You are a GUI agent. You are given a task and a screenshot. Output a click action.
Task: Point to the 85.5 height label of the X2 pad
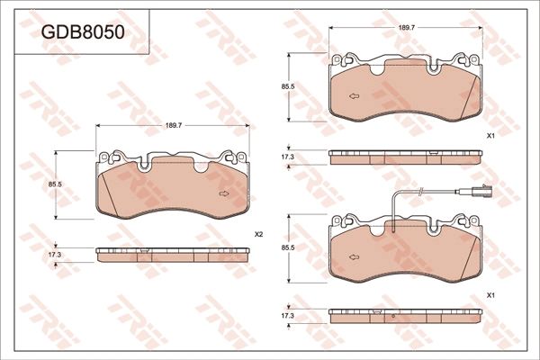click(x=54, y=184)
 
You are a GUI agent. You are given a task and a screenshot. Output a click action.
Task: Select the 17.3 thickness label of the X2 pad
click(x=54, y=256)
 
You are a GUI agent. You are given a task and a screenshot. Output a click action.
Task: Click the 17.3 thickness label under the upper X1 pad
click(x=287, y=157)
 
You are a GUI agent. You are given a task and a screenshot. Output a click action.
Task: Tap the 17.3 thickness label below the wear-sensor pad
click(x=287, y=315)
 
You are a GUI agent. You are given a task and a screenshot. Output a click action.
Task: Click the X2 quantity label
click(x=258, y=234)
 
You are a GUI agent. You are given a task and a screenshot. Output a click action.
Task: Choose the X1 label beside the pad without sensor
click(x=490, y=136)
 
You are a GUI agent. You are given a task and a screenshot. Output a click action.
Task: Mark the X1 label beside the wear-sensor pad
click(x=490, y=295)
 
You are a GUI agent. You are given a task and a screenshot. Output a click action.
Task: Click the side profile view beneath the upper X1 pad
click(x=404, y=157)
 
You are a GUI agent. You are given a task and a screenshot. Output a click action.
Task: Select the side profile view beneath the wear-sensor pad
click(x=404, y=315)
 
